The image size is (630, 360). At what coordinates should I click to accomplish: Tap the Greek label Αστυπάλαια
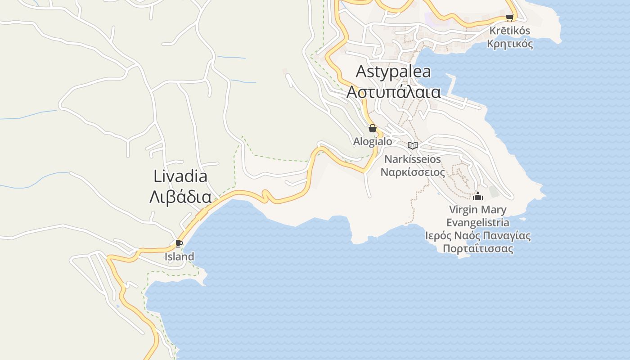(393, 92)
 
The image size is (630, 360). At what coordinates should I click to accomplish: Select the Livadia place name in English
(180, 176)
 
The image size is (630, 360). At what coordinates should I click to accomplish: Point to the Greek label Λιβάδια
(180, 197)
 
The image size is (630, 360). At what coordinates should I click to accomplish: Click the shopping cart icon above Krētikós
(509, 18)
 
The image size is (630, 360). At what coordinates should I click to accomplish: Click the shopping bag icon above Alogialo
(373, 128)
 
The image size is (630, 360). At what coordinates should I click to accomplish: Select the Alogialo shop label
(373, 141)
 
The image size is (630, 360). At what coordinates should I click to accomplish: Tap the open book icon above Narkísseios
(413, 145)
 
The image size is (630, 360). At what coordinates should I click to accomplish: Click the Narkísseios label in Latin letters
(413, 159)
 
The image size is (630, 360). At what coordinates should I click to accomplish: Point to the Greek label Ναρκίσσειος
(413, 172)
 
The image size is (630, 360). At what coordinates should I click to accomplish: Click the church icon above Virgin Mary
(478, 196)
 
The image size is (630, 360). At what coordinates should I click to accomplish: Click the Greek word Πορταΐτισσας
(478, 249)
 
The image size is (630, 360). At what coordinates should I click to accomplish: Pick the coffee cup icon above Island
(179, 244)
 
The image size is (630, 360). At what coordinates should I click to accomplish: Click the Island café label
(179, 257)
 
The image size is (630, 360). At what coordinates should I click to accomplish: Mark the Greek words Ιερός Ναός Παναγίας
(478, 236)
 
